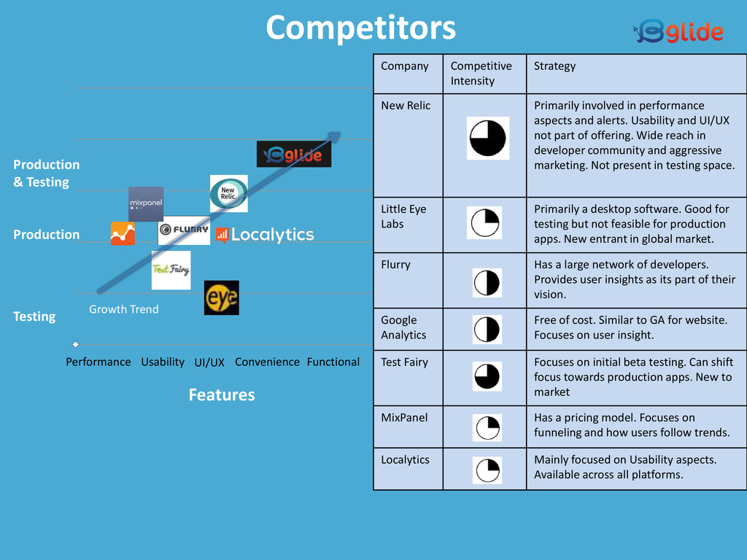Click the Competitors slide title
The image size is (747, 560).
pos(360,28)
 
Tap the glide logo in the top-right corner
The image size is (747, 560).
pos(678,31)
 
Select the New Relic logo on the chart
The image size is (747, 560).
pos(228,193)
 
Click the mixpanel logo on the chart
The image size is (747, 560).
pos(146,203)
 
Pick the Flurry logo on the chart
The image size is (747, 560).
pos(184,230)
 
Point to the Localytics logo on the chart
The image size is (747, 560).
pos(265,235)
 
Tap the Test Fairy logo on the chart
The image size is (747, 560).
pos(171,270)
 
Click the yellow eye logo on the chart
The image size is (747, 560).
pos(221,297)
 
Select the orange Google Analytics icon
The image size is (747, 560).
pos(123,233)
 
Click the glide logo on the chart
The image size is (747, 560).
pos(294,154)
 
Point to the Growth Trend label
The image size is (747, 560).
pos(123,309)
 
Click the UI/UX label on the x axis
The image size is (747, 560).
pos(209,362)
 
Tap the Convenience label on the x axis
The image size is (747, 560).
pos(267,362)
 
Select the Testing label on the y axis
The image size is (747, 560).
pos(34,316)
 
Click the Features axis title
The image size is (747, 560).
pos(222,394)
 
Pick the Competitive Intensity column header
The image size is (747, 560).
pos(481,73)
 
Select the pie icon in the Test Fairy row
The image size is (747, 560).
pos(487,377)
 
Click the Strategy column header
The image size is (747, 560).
pos(554,66)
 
